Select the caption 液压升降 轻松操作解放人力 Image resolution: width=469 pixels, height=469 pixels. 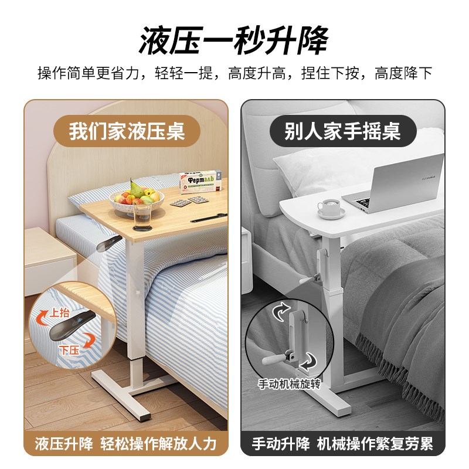(125, 444)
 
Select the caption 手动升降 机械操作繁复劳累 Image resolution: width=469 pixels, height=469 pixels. (343, 444)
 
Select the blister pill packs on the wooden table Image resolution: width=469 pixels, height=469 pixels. (188, 201)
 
